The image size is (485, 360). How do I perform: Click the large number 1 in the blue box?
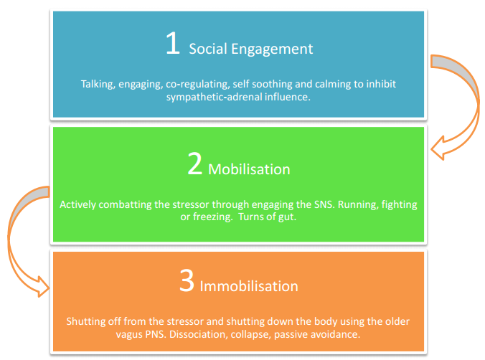173,43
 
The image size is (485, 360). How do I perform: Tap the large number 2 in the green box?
195,164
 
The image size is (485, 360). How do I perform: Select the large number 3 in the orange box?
187,280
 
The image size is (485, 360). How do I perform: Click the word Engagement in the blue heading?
272,49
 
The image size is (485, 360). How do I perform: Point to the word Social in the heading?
208,49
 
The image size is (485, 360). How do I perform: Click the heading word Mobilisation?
249,169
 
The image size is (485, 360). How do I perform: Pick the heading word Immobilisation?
249,286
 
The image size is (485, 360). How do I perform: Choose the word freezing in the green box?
213,217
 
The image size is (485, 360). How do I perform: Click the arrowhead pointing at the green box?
438,148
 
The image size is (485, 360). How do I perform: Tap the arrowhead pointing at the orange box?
43,287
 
